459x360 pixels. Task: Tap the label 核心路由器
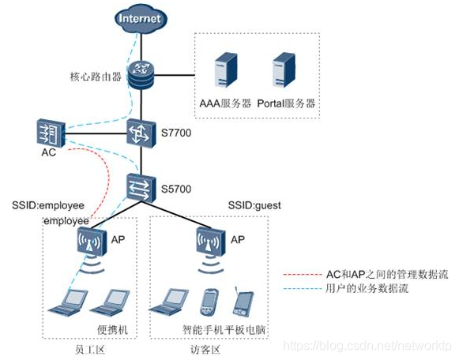[95, 78]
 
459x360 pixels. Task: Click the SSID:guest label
[254, 205]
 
